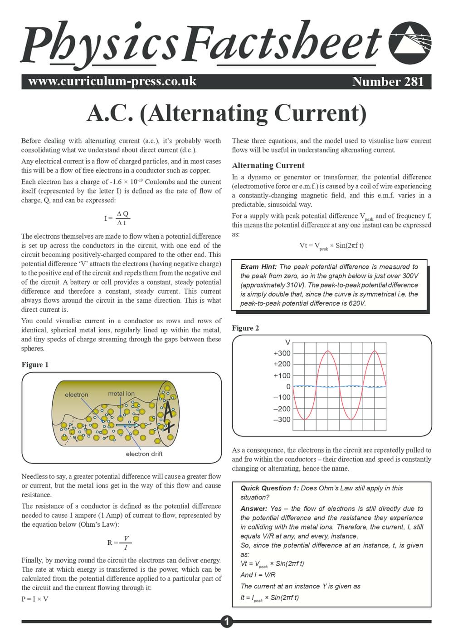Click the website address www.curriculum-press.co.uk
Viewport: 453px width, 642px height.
click(112, 82)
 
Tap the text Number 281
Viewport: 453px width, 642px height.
click(387, 82)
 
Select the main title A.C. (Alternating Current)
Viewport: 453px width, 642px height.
click(226, 114)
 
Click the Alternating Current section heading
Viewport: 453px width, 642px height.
click(268, 165)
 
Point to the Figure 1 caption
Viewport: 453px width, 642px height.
click(35, 365)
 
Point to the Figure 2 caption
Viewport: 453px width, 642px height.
click(245, 328)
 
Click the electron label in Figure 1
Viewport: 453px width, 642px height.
click(76, 395)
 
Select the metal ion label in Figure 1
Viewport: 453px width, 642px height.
click(121, 393)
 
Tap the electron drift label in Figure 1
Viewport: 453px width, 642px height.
click(144, 454)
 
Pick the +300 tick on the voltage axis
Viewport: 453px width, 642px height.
click(282, 353)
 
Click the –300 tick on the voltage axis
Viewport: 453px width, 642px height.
click(282, 420)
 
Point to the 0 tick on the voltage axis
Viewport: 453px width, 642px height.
click(288, 386)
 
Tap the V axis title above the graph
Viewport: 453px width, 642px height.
click(287, 342)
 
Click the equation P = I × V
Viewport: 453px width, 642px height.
click(35, 599)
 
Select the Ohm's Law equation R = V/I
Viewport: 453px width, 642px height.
click(119, 543)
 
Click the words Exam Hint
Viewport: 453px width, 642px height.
click(258, 267)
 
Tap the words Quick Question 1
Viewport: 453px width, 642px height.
click(269, 488)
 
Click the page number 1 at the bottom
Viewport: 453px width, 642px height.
click(226, 622)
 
